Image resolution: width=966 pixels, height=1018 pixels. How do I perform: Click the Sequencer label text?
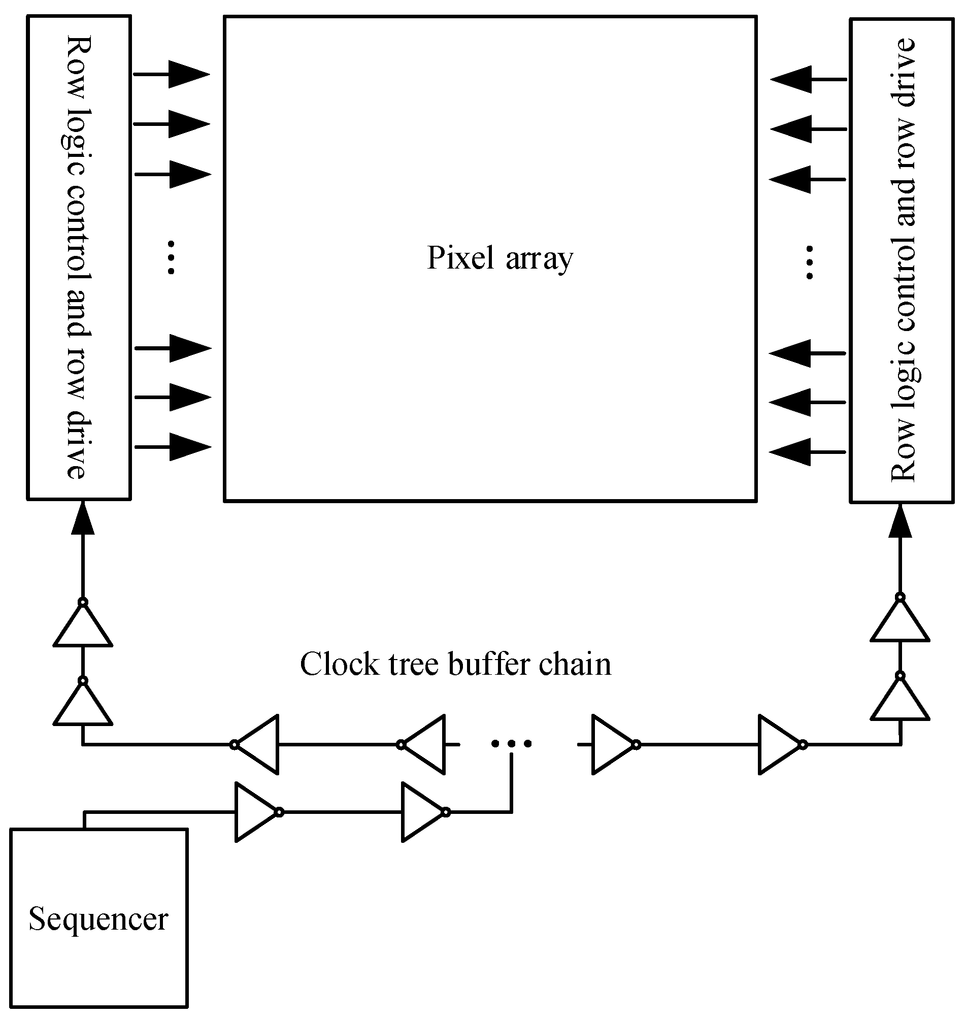coord(98,918)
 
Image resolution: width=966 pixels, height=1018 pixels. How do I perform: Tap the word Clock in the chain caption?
coord(339,664)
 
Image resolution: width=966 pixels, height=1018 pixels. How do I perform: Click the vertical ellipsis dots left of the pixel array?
coord(172,257)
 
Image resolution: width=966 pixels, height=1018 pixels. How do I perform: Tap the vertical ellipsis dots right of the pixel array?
coord(810,262)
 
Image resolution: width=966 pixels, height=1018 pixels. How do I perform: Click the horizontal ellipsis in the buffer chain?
coord(511,743)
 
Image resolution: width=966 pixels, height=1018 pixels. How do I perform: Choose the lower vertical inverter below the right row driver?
coord(900,699)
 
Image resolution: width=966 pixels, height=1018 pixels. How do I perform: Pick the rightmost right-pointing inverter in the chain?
coord(781,744)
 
